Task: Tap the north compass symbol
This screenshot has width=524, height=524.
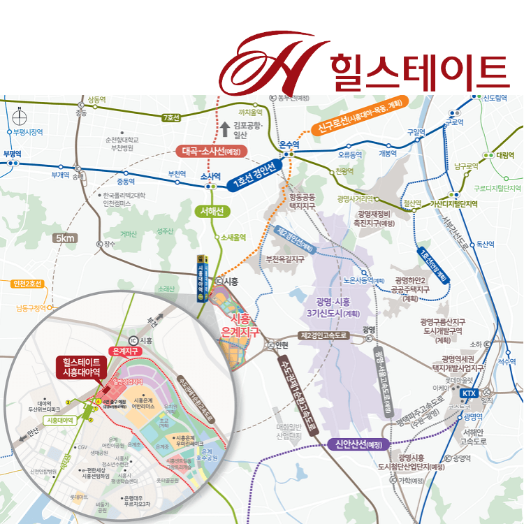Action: tap(20, 115)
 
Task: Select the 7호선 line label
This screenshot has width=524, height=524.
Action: tap(171, 117)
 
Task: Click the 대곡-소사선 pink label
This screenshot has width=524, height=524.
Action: tap(211, 150)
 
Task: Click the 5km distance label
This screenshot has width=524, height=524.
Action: tap(66, 238)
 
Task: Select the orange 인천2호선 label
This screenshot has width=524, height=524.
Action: tap(28, 284)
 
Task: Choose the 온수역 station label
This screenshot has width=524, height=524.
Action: tap(289, 145)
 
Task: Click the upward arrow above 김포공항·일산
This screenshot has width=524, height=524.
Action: tap(225, 128)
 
